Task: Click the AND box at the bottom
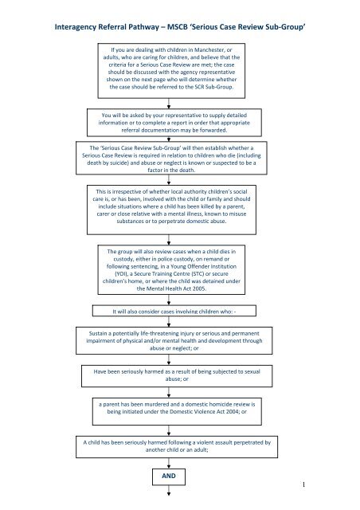(x=179, y=477)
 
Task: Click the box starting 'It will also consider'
(x=180, y=310)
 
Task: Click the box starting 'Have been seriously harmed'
(x=179, y=375)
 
